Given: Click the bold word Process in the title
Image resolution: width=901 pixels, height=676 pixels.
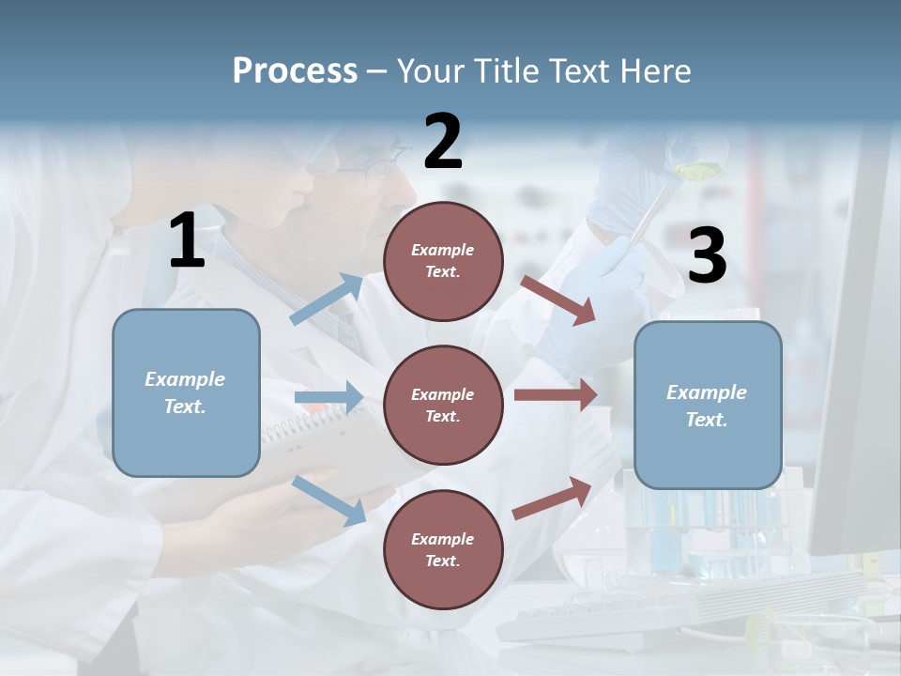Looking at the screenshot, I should click(x=295, y=71).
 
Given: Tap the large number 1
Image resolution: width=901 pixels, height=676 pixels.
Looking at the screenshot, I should click(x=187, y=241).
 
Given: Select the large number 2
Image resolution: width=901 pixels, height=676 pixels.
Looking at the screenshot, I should click(x=443, y=142).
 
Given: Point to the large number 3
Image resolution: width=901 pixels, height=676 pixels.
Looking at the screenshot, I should click(x=707, y=255).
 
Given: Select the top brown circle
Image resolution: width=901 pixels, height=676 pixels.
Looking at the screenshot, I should click(x=443, y=261).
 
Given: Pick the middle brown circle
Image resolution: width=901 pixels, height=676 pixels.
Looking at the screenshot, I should click(x=443, y=405).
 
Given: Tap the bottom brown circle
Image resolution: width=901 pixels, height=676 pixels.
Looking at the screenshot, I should click(x=443, y=549).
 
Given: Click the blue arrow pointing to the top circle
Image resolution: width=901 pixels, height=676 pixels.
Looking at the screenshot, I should click(x=327, y=299).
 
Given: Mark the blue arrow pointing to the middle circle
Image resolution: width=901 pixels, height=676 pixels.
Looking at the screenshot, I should click(x=328, y=398).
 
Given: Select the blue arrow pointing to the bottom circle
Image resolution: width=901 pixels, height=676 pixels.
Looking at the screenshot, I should click(x=329, y=500).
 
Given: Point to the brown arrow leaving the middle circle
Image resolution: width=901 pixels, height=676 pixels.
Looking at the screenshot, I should click(x=556, y=394).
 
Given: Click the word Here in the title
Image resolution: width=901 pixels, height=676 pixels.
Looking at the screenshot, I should click(x=656, y=71).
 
